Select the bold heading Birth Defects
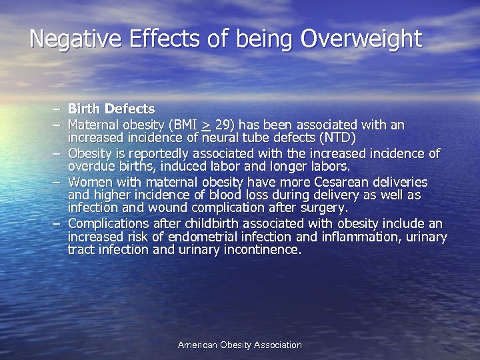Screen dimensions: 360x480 point(111,109)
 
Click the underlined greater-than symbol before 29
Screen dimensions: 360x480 point(207,125)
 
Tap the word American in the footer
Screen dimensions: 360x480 point(198,345)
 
